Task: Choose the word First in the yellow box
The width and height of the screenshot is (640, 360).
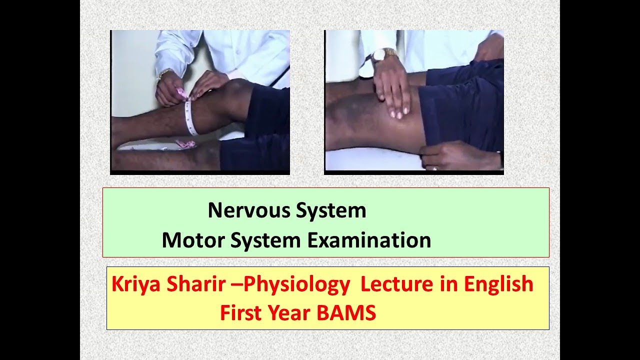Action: [x=242, y=313]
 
